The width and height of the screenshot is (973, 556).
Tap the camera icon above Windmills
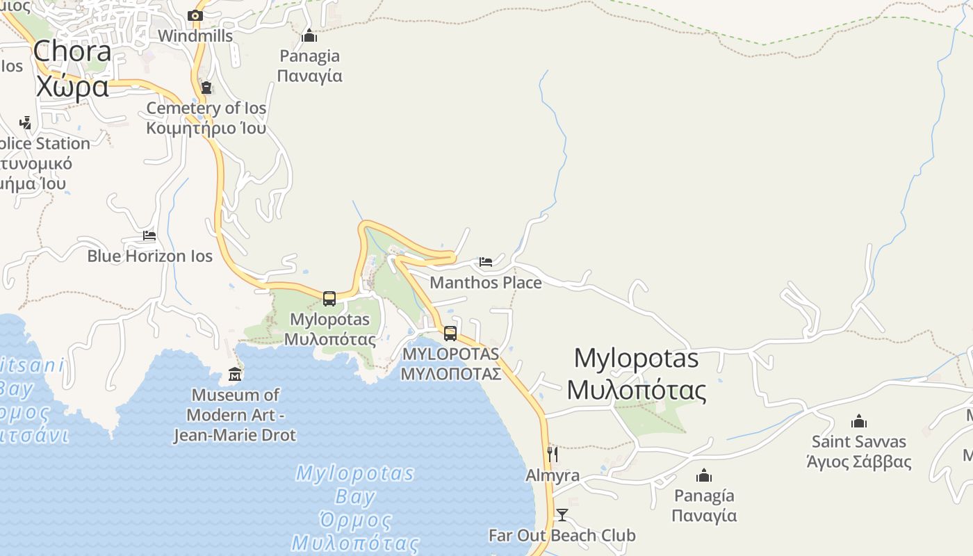click(x=195, y=15)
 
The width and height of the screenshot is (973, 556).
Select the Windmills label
click(x=195, y=35)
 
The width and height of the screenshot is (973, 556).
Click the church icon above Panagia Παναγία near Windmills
click(x=309, y=35)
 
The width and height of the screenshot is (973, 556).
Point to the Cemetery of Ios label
click(x=206, y=108)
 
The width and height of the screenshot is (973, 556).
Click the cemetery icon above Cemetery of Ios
click(x=206, y=88)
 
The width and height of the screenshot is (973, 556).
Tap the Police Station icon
click(x=25, y=123)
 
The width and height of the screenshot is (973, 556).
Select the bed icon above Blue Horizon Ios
click(x=149, y=236)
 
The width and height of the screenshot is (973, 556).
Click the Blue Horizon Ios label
click(x=149, y=256)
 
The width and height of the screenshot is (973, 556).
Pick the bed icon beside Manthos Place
click(x=486, y=262)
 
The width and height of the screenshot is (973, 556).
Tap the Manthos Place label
click(x=485, y=282)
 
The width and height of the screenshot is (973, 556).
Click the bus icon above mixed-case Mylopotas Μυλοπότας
click(x=329, y=299)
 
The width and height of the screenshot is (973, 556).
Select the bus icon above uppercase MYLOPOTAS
click(x=450, y=334)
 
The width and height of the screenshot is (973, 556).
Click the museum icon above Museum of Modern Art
click(x=235, y=375)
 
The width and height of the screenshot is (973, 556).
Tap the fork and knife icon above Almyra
click(x=553, y=455)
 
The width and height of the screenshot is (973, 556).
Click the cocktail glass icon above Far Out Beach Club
click(x=562, y=515)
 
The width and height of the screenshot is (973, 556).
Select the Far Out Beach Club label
click(x=562, y=535)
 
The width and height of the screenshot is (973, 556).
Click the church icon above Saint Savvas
click(x=859, y=421)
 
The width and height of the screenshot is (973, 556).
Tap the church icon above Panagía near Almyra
click(x=704, y=475)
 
